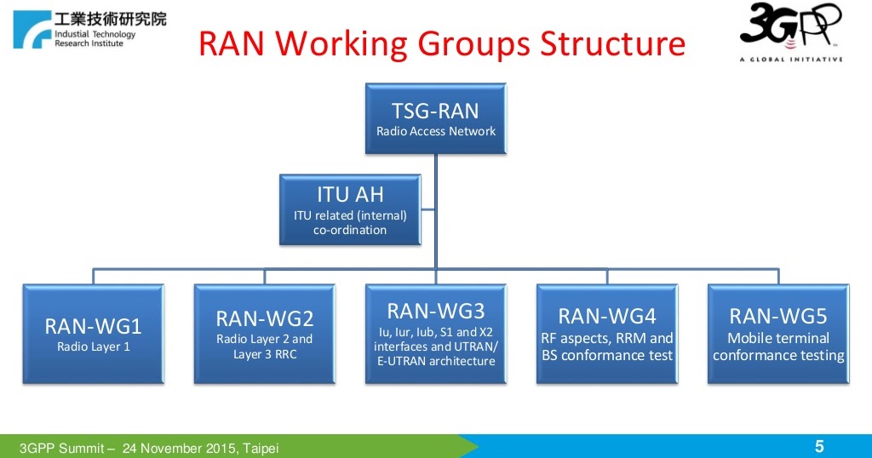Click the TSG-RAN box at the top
click(435, 119)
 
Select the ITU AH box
click(350, 209)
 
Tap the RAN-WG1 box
click(93, 334)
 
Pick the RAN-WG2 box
click(264, 334)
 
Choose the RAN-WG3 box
click(435, 334)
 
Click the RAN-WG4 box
click(606, 334)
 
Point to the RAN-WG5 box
click(777, 334)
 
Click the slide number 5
click(819, 446)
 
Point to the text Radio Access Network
click(435, 131)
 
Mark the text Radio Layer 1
click(93, 346)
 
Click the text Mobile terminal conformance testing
click(777, 347)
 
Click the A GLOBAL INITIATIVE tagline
click(790, 60)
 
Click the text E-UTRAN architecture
click(435, 361)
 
